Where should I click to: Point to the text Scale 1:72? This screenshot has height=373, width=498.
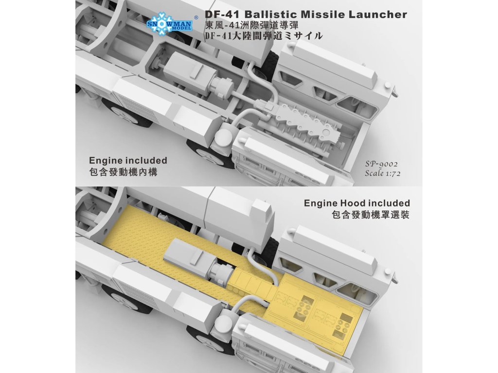pyautogui.click(x=383, y=173)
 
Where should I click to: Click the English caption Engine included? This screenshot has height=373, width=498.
pyautogui.click(x=128, y=160)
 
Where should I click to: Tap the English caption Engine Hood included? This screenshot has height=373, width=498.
pyautogui.click(x=357, y=203)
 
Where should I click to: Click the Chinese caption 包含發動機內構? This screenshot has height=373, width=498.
pyautogui.click(x=123, y=172)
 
